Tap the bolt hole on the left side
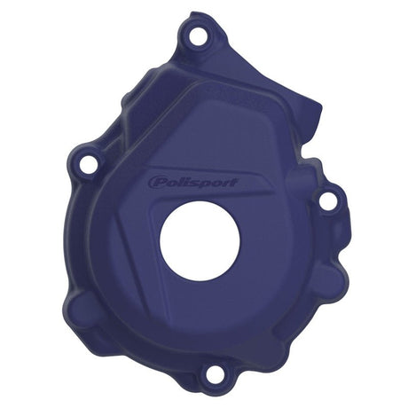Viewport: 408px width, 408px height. pos(88,166)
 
